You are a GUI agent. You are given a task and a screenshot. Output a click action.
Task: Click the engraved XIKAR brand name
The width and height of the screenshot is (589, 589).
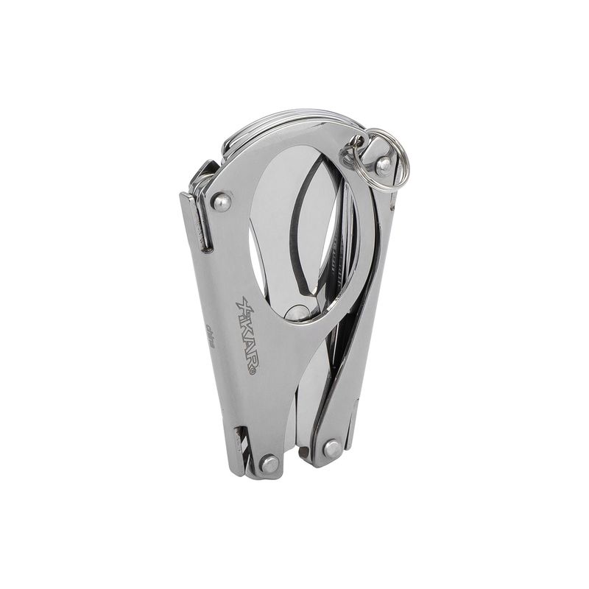247,334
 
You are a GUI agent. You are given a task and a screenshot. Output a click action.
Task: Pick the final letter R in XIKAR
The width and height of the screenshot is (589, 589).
250,361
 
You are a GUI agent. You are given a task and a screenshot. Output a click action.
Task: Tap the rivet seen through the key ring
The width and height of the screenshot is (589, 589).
383,166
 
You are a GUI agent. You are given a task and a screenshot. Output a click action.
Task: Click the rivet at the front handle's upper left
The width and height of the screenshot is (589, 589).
221,202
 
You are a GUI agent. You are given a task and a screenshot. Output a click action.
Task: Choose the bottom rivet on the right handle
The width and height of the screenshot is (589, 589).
332,448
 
